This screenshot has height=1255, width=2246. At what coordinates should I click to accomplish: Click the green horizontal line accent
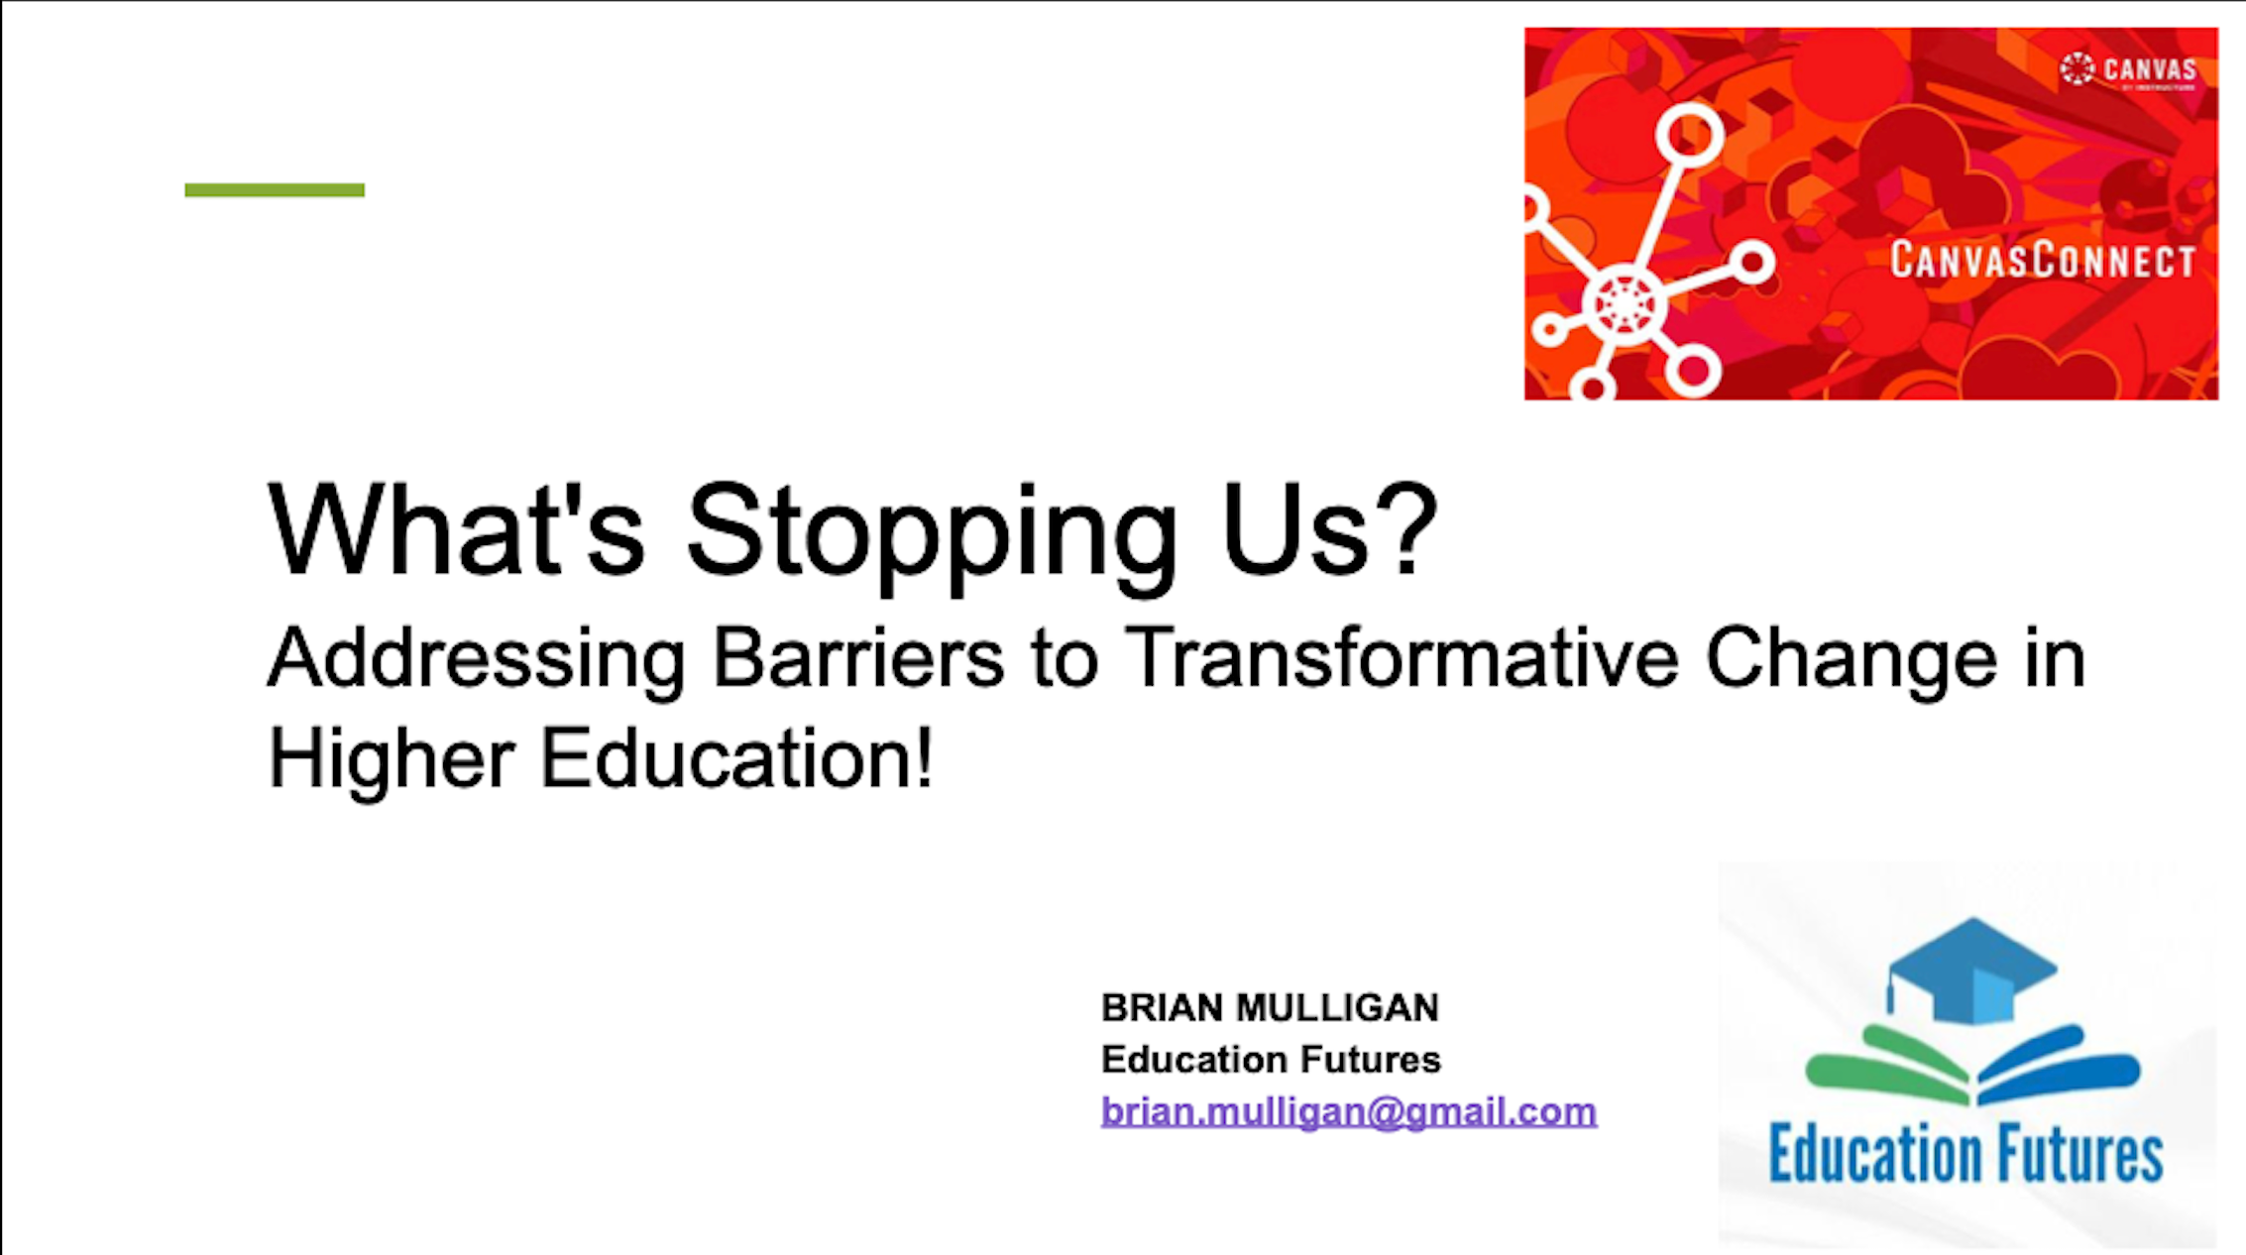[x=275, y=189]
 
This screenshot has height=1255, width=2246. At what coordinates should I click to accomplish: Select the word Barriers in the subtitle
[x=858, y=658]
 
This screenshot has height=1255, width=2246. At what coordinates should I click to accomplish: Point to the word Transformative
[x=1402, y=658]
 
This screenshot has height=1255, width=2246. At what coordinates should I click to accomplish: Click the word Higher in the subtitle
[x=391, y=759]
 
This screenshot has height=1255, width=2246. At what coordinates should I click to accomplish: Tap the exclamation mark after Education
[x=924, y=757]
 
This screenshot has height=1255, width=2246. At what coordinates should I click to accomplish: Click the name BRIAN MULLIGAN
[x=1270, y=1008]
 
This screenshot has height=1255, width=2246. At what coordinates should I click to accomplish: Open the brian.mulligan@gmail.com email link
[x=1349, y=1111]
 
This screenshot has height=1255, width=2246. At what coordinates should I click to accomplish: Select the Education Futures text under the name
[x=1271, y=1060]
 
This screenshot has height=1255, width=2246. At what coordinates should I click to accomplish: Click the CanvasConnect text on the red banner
[x=2042, y=261]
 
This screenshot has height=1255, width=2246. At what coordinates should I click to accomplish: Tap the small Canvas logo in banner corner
[x=2128, y=70]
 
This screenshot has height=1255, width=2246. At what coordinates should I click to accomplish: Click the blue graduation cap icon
[x=1971, y=971]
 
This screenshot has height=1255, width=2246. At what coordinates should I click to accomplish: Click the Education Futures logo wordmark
[x=1965, y=1155]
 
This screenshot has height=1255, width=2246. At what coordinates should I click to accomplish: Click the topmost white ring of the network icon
[x=1689, y=134]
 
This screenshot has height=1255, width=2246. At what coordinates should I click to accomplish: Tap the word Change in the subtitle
[x=1851, y=658]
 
